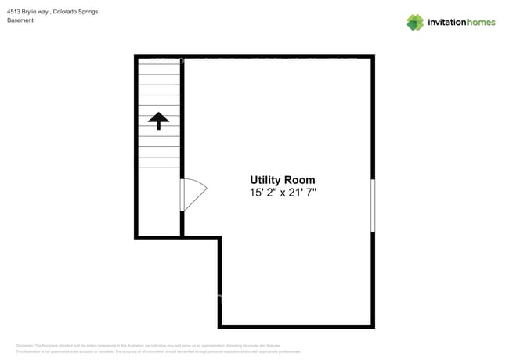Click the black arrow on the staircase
[158, 120]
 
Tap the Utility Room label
[282, 180]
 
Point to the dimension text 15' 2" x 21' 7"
[282, 193]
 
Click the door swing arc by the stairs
[197, 195]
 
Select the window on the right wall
[373, 205]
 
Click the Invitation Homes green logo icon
[415, 22]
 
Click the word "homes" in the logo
[481, 23]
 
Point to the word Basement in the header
[20, 20]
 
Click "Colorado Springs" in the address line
[75, 12]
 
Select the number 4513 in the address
[13, 12]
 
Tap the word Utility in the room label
[266, 180]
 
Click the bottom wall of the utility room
[296, 326]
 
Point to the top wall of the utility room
[278, 57]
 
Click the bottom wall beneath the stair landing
[159, 236]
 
